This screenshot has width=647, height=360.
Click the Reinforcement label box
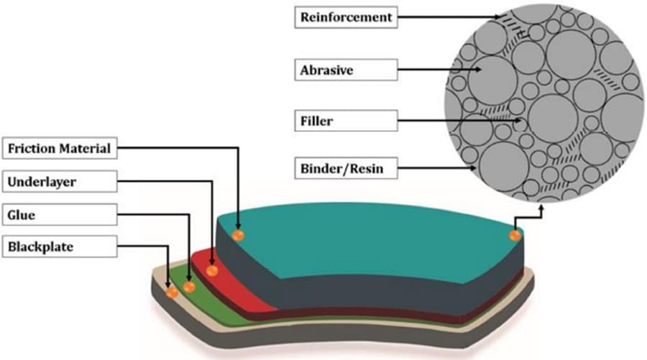click(346, 17)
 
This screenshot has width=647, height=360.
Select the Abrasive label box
click(346, 70)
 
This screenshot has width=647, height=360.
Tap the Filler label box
click(346, 120)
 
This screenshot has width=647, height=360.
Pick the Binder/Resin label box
click(346, 170)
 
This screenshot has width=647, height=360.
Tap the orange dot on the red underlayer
click(212, 271)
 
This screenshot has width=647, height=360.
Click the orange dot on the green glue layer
click(189, 287)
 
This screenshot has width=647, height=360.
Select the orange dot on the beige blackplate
click(172, 292)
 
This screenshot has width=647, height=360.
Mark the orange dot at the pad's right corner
click(515, 235)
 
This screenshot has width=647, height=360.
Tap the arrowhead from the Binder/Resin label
click(474, 170)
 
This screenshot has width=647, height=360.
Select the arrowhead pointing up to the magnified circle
click(541, 203)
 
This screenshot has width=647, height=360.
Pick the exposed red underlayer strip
click(237, 287)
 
